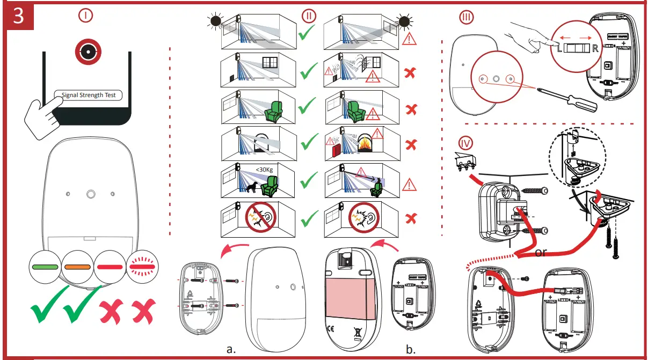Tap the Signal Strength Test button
(88, 95)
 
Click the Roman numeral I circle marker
(85, 16)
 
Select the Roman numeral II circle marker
(309, 15)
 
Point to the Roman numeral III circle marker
(467, 18)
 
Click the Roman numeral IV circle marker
(466, 143)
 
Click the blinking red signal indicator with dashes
(142, 266)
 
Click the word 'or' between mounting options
(541, 252)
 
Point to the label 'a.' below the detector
(231, 349)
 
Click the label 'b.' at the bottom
(411, 349)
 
